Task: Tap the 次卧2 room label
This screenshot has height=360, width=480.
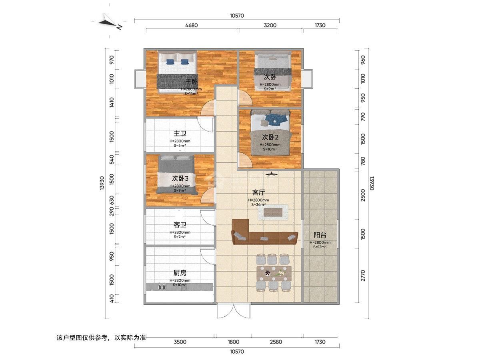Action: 270,137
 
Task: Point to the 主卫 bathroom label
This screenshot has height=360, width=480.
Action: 180,134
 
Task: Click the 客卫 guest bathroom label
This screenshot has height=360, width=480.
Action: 180,225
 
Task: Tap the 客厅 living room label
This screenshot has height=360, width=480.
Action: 258,192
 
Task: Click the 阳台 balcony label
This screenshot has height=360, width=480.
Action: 320,235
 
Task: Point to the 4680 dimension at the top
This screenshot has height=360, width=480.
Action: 192,25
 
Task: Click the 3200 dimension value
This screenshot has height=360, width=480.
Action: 270,25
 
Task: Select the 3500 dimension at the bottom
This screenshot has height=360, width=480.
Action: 180,342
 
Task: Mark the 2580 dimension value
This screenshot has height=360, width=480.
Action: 276,342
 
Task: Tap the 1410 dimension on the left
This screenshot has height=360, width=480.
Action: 112,102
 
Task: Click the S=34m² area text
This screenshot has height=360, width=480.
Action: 258,204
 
